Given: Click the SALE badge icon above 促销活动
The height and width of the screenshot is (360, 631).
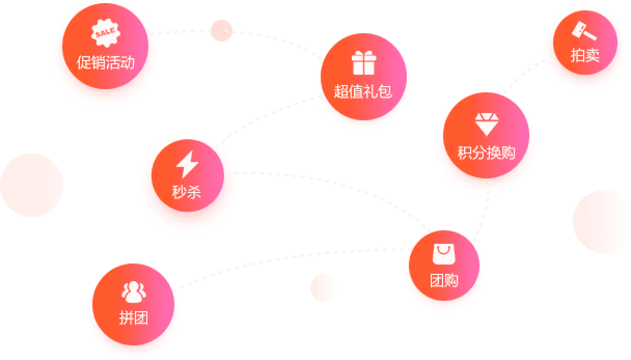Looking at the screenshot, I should click(104, 34).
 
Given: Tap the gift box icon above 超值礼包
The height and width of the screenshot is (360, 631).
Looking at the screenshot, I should click(363, 63).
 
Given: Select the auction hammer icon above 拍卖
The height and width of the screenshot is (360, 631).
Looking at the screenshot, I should click(584, 31).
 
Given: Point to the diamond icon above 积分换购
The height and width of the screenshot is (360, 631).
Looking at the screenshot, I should click(486, 123).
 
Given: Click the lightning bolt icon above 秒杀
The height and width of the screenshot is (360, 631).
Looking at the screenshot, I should click(187, 164).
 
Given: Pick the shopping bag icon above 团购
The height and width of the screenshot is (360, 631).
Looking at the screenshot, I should click(444, 254).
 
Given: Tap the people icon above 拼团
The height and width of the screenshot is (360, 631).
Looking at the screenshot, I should click(133, 293).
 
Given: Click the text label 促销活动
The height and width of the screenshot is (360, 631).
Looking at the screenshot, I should click(105, 63).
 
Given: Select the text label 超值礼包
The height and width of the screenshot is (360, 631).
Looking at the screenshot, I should click(363, 92).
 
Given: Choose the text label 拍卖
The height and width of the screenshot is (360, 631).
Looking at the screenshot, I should click(585, 56).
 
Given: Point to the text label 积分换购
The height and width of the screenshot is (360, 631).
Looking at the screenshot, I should click(486, 153).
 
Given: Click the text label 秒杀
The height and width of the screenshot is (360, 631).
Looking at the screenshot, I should click(186, 192).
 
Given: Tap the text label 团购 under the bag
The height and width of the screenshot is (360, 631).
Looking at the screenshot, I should click(444, 281).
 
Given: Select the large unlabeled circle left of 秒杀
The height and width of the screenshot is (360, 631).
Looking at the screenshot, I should click(32, 185).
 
